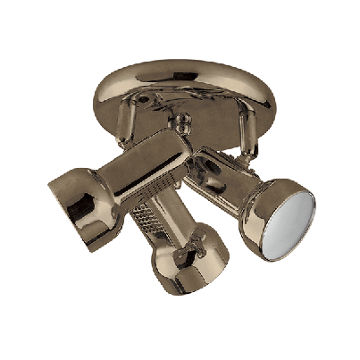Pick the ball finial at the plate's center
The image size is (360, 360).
click(182, 119)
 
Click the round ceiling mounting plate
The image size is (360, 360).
click(179, 89)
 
